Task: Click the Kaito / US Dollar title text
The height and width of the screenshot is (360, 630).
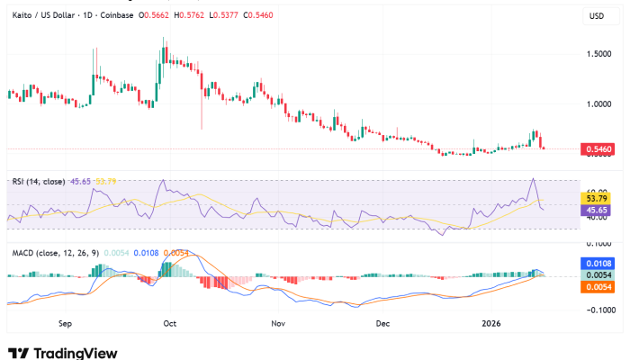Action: (x=41, y=16)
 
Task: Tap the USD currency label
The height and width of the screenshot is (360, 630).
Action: (x=597, y=16)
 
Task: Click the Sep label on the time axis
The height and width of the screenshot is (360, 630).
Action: (x=65, y=321)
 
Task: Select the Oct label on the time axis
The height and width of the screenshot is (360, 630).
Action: (x=171, y=321)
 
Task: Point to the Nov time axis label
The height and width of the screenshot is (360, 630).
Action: (x=278, y=321)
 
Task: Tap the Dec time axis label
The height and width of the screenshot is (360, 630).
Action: (x=382, y=321)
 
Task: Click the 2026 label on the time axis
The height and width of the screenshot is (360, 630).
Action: (x=491, y=321)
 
